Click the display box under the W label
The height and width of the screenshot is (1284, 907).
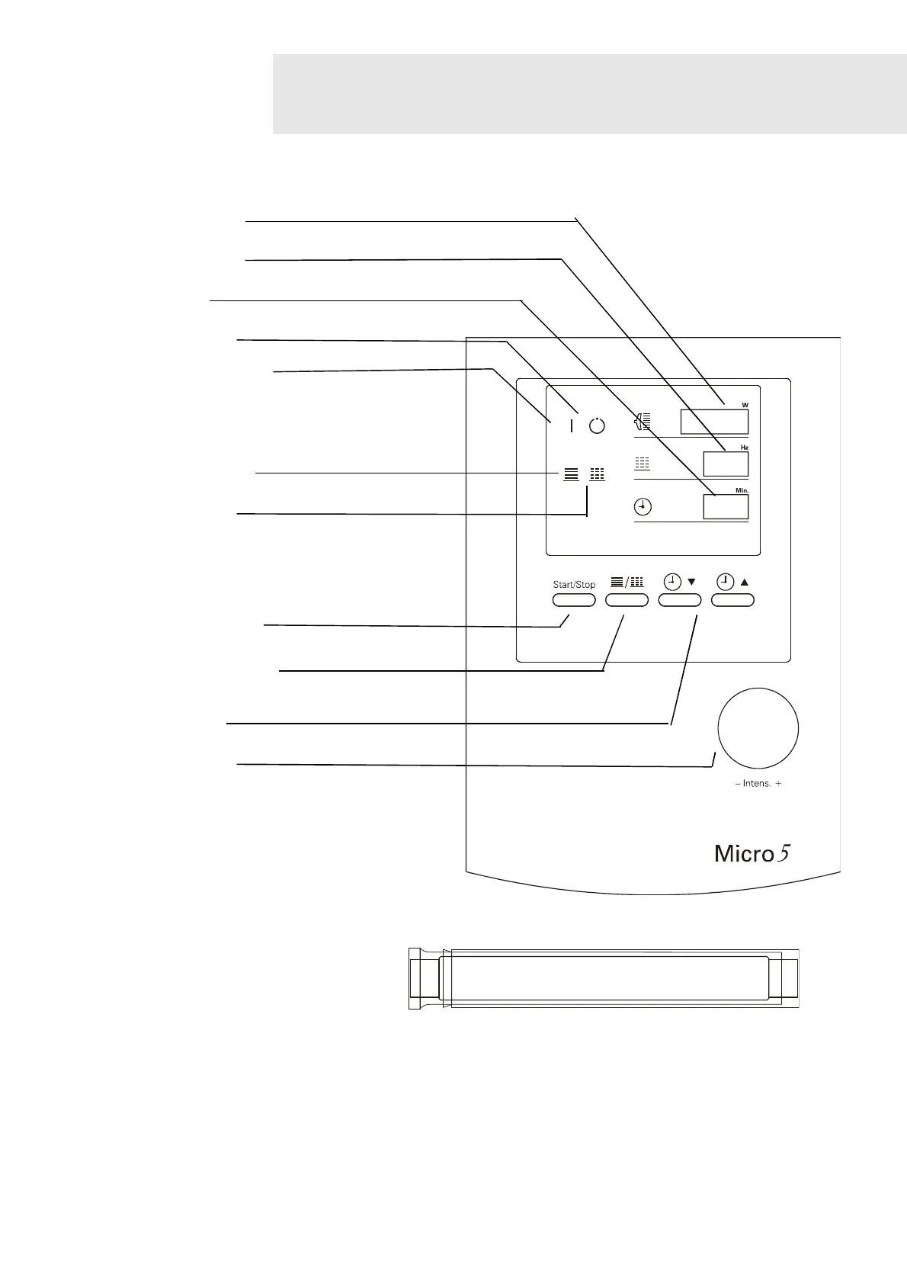[x=713, y=422]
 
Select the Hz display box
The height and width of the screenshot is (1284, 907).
[x=725, y=464]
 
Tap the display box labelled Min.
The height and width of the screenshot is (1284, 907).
[x=725, y=507]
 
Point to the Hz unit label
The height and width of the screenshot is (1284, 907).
[x=744, y=448]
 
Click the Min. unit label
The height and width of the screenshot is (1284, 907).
[x=742, y=491]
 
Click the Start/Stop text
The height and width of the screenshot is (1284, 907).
[x=574, y=585]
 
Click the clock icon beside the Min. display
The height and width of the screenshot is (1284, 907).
[x=643, y=506]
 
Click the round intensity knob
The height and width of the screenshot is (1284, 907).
[x=758, y=728]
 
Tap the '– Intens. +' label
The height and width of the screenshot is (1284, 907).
[x=758, y=784]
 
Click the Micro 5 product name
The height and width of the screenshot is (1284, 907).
[x=752, y=854]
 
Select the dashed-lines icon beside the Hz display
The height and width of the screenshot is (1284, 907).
[x=643, y=463]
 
